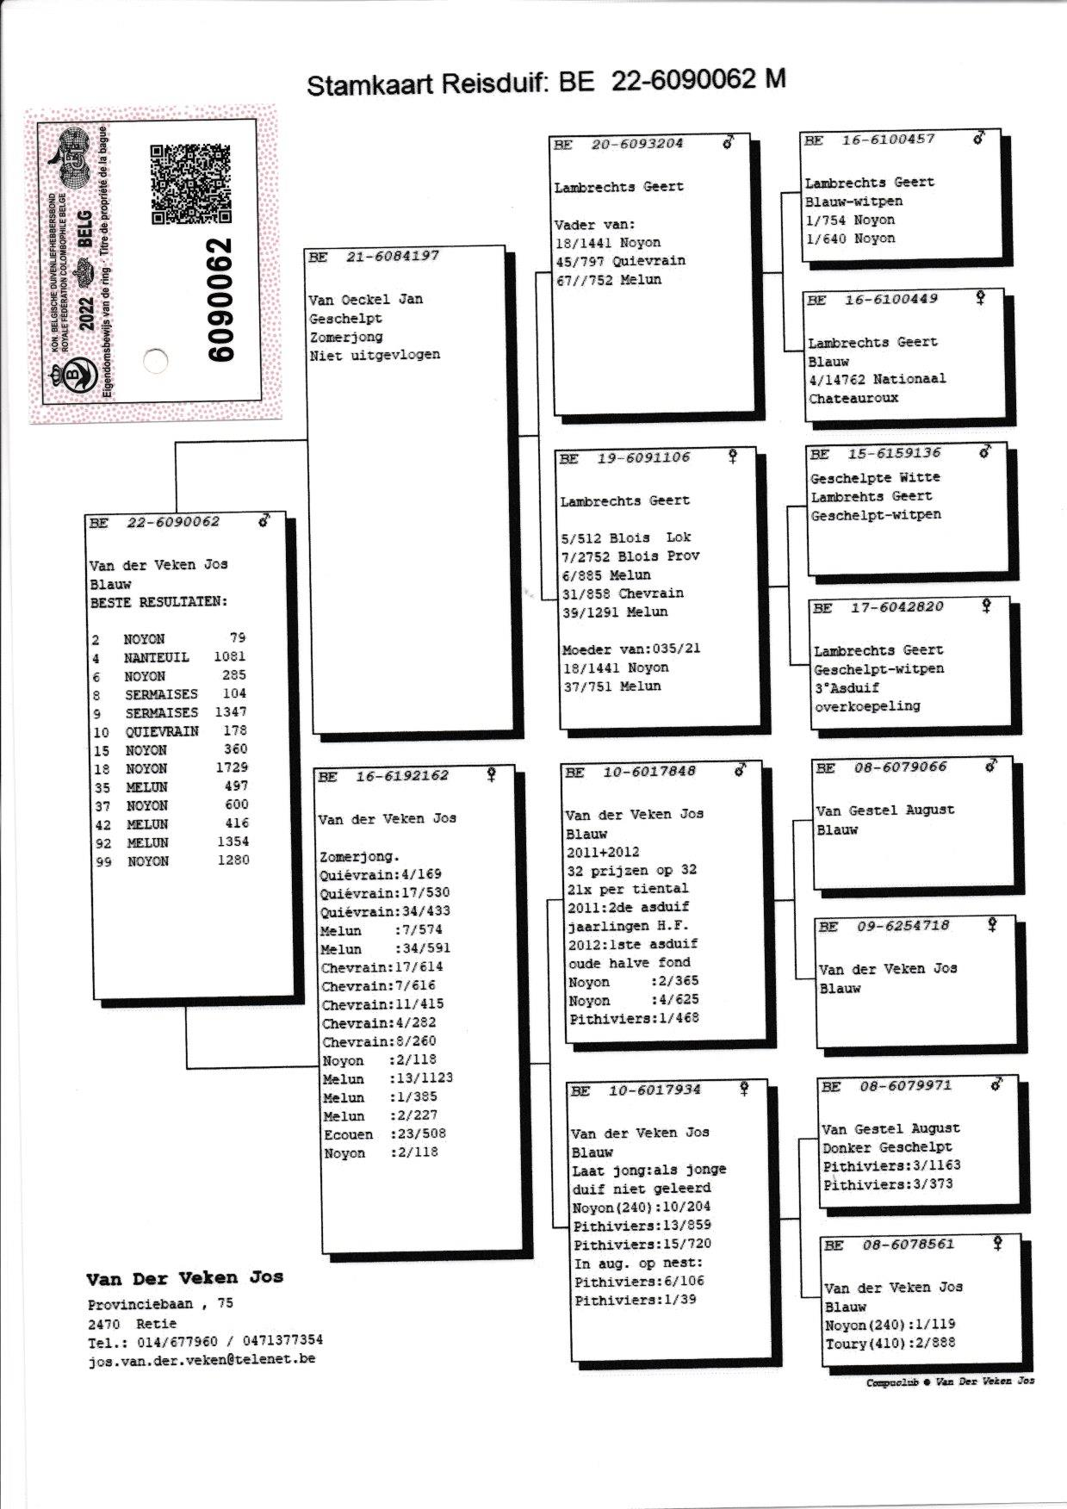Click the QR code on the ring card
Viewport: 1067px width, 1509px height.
pos(190,183)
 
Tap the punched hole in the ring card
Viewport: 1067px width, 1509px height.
pos(155,360)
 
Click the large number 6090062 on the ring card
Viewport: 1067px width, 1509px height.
pos(220,301)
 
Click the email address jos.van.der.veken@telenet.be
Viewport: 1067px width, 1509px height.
pos(201,1359)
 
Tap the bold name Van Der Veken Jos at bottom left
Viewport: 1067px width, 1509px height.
pos(184,1277)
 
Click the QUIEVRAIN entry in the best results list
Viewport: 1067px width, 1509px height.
pos(162,731)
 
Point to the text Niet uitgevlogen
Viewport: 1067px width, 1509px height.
pos(375,355)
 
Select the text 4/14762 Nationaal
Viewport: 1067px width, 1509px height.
pos(877,379)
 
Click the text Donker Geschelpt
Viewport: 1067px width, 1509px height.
pos(887,1147)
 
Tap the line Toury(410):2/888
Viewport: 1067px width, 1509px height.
pos(890,1343)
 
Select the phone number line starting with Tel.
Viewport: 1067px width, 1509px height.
pos(205,1341)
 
